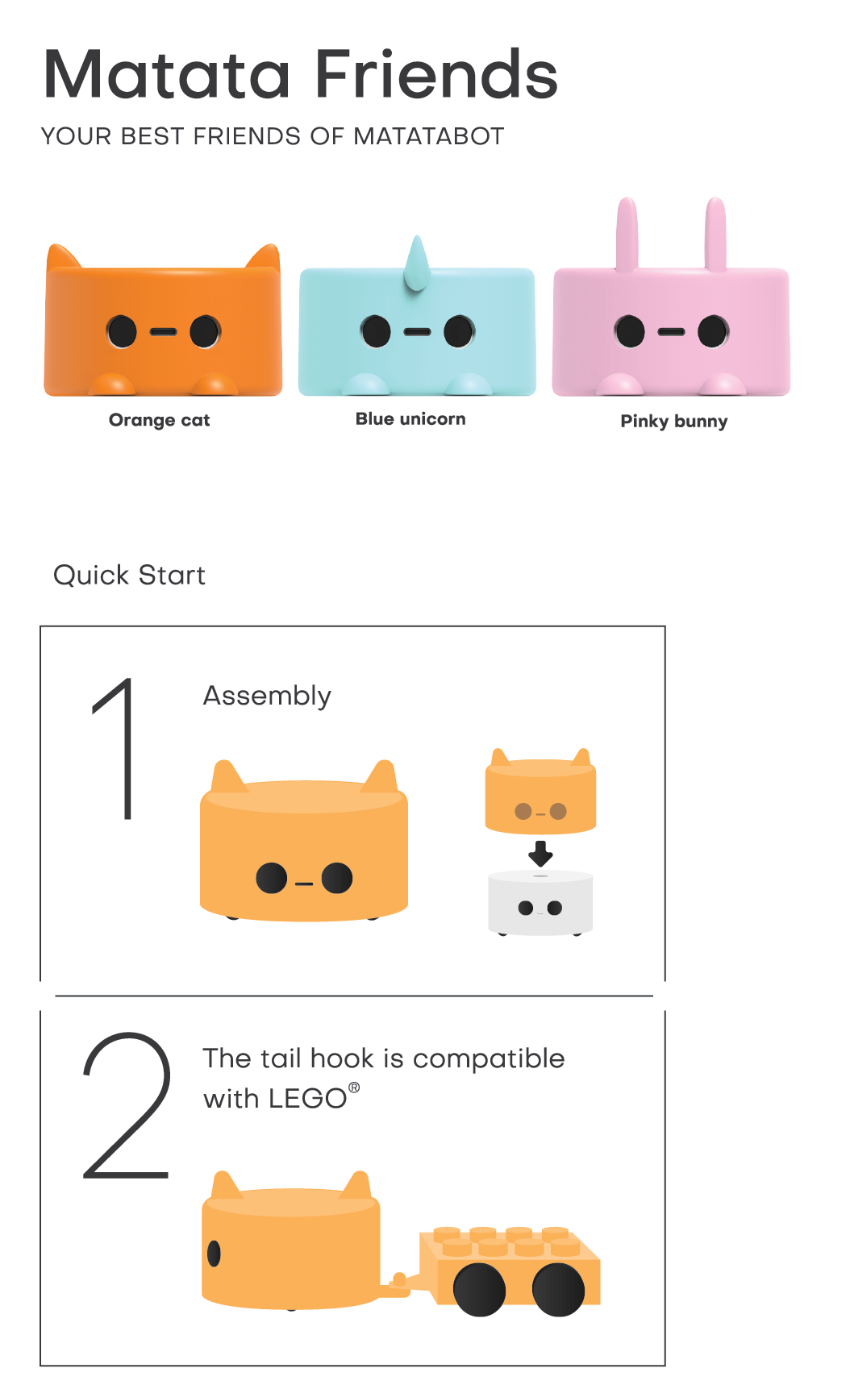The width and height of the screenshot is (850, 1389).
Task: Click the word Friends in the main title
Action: (436, 74)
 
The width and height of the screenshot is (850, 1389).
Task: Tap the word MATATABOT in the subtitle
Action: (429, 136)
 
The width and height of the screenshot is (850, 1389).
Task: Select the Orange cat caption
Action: (159, 420)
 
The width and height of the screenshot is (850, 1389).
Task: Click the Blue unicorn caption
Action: (410, 418)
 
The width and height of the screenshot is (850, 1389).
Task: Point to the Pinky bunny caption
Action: (674, 421)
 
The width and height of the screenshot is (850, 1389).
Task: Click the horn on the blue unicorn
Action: (417, 263)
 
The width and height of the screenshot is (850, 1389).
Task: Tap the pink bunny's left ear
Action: (627, 234)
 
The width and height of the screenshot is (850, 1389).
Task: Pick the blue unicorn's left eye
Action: (376, 331)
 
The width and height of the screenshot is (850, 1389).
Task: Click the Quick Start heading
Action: (129, 575)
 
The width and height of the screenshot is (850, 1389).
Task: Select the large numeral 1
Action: (115, 749)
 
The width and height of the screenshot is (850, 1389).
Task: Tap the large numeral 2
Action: (127, 1105)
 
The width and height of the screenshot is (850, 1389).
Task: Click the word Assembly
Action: (267, 696)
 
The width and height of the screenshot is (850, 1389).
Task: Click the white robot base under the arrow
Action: (540, 903)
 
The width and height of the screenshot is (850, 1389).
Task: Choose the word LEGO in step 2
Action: (308, 1099)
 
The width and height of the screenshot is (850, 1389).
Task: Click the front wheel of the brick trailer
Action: (479, 1290)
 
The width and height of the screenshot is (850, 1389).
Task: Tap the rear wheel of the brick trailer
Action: (558, 1290)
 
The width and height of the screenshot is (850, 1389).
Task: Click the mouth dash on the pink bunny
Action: (671, 331)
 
